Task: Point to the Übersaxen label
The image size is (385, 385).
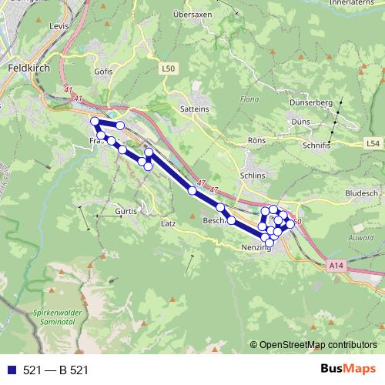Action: coord(192,14)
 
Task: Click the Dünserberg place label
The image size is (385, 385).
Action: coord(310,102)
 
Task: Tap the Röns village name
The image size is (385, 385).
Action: coord(256,140)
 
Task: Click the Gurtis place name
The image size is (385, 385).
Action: coord(125,210)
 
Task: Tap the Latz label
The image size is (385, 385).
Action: coord(169,223)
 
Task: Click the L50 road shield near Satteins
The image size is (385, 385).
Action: coord(169,69)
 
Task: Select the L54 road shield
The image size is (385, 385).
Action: coord(373,143)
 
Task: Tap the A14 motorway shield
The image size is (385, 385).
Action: coord(333,265)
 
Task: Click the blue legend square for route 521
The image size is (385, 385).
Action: coord(10,370)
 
